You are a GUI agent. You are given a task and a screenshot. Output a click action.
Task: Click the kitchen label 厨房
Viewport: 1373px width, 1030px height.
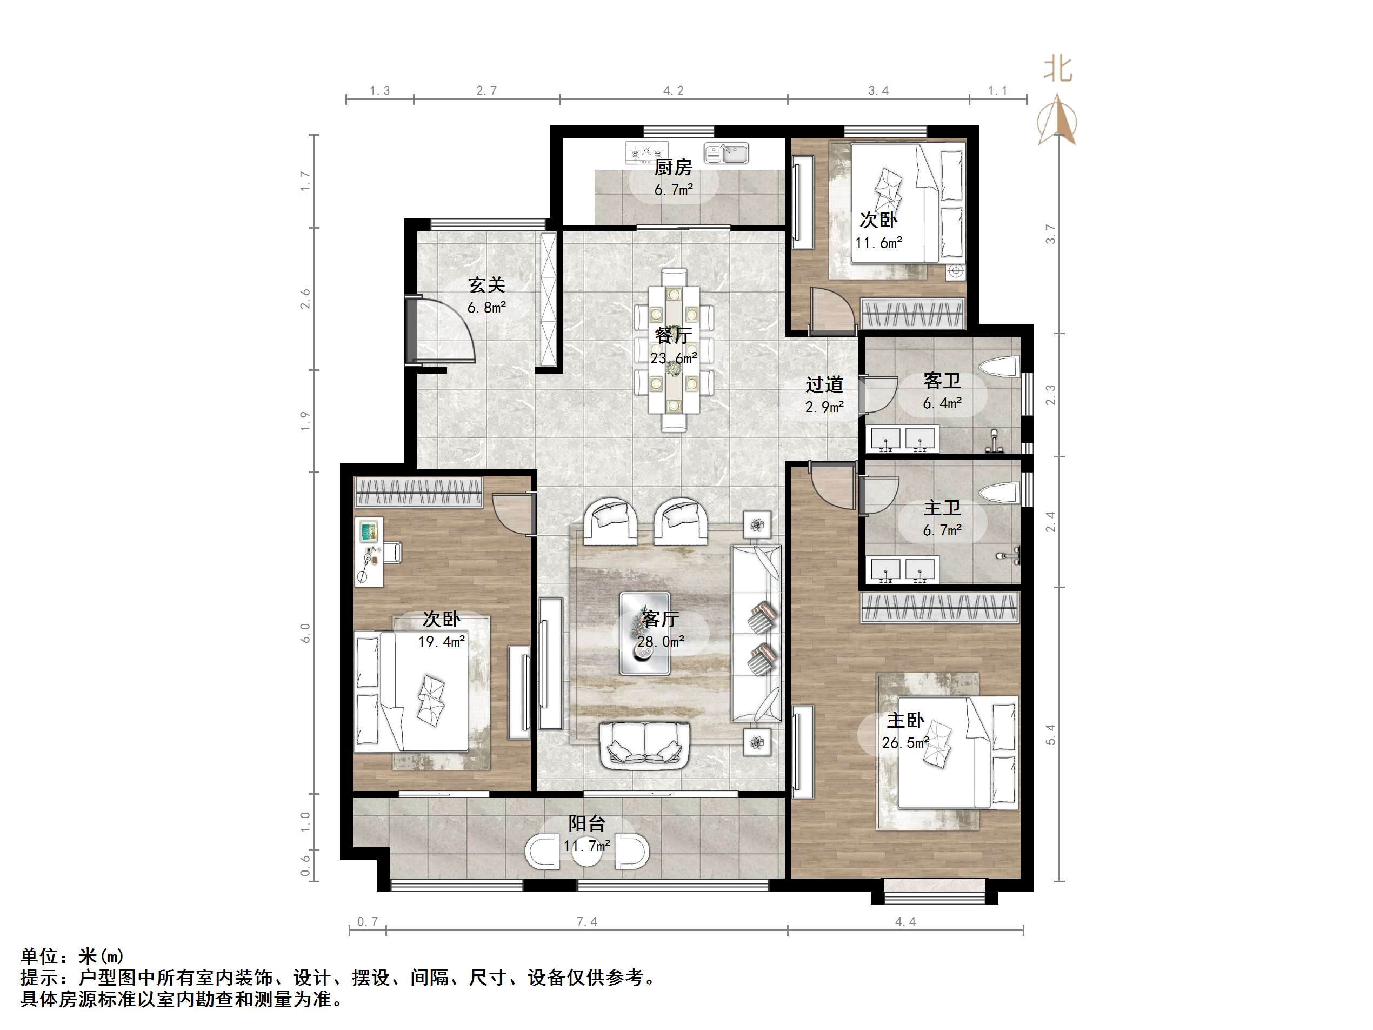coord(673,167)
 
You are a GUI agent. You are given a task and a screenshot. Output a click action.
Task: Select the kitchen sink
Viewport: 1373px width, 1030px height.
coord(726,152)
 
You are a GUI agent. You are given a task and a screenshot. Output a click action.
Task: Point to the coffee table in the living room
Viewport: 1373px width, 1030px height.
coord(645,633)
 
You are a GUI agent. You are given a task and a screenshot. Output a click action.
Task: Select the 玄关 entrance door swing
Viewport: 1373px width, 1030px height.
coord(441,329)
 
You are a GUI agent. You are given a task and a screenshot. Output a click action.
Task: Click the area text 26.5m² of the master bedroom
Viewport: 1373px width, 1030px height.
coord(905,742)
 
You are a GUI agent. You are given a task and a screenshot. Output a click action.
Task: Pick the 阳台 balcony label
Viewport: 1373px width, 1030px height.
coord(586,823)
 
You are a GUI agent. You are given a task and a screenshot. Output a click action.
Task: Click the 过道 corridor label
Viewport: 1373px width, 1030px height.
coord(824,384)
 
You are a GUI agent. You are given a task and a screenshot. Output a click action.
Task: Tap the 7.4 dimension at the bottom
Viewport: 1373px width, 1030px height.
coord(586,921)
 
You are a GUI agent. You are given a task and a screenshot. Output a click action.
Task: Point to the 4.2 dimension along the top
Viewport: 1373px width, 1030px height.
coord(673,91)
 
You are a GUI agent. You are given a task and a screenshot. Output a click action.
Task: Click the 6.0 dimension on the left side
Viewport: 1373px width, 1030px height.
coord(305,633)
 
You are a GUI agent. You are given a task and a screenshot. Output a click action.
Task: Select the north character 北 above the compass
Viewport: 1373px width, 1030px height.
coord(1058,69)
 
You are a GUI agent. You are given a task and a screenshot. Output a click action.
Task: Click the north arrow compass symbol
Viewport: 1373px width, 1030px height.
coord(1058,121)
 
